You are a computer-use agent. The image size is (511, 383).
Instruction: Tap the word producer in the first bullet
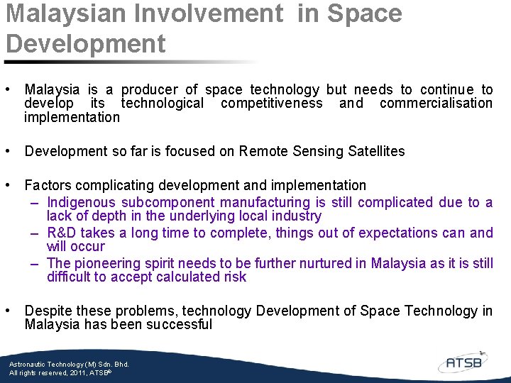click(149, 89)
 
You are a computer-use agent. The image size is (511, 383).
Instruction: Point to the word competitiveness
click(271, 104)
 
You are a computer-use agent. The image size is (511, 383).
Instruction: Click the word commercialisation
click(436, 104)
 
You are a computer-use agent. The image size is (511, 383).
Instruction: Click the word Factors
click(48, 185)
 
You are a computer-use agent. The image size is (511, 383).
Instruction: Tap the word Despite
click(48, 311)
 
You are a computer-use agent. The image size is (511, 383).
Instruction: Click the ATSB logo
click(463, 362)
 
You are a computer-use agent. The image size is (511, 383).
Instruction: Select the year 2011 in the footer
click(80, 372)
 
